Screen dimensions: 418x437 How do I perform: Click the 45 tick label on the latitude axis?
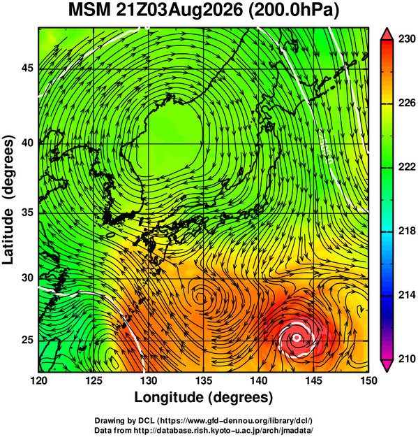(27, 68)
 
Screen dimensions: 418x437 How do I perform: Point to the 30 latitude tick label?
(27, 278)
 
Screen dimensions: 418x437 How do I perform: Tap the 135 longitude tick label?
(204, 380)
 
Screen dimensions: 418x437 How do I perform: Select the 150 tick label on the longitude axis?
(368, 380)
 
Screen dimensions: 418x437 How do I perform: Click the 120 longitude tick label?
(38, 380)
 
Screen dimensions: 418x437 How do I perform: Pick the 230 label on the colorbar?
(407, 39)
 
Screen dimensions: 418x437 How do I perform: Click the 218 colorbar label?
(407, 231)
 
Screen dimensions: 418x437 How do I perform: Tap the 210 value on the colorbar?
(407, 359)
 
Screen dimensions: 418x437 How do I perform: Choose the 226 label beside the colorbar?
(407, 103)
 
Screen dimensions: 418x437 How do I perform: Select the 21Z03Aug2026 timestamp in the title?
(179, 10)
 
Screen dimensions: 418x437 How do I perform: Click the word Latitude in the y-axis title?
(8, 236)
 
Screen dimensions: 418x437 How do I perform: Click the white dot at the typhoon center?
(297, 338)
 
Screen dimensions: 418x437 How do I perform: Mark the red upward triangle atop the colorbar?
(387, 34)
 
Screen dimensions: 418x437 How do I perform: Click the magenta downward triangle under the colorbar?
(387, 366)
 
